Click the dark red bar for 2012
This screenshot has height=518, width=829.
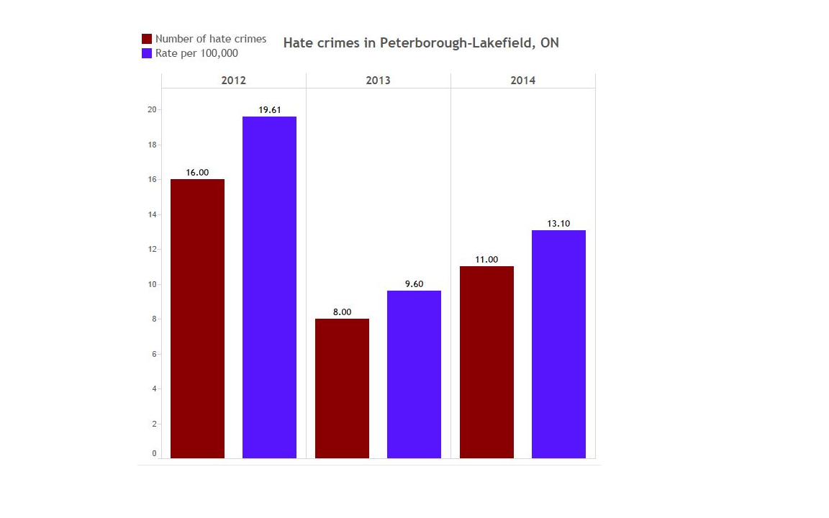197,318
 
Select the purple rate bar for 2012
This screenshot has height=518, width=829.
269,287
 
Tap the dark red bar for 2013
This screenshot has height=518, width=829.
342,388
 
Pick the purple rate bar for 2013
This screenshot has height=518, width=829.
414,374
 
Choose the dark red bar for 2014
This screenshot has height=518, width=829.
486,362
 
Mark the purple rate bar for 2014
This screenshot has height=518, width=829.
558,344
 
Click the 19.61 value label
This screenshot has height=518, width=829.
269,110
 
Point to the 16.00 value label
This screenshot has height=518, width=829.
197,173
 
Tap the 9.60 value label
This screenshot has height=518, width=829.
414,284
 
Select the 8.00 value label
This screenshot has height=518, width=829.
342,312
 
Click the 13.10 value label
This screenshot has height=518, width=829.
558,224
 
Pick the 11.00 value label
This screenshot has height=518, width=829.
486,260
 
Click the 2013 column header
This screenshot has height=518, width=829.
378,81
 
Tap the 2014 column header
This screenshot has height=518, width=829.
522,81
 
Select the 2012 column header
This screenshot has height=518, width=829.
233,81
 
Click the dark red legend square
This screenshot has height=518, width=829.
147,39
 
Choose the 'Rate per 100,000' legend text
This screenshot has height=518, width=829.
196,54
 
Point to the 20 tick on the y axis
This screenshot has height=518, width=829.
152,110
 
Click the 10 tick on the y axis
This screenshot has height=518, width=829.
152,284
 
